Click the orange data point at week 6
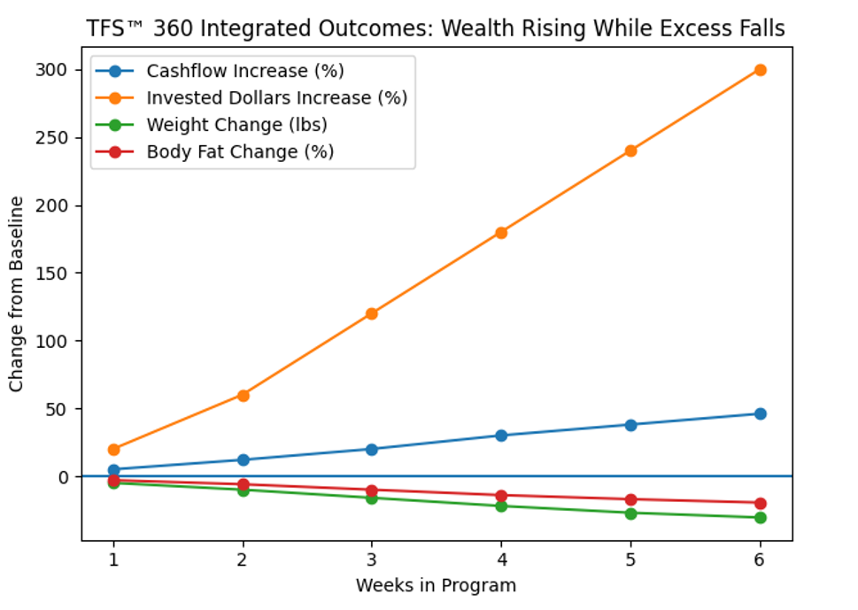pyautogui.click(x=760, y=70)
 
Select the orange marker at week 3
pyautogui.click(x=372, y=313)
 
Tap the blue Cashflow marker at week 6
pyautogui.click(x=760, y=413)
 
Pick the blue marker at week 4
pyautogui.click(x=501, y=436)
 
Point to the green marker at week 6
pyautogui.click(x=760, y=517)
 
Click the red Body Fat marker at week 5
pyautogui.click(x=630, y=499)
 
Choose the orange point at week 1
pyautogui.click(x=113, y=450)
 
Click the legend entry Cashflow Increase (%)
pyautogui.click(x=244, y=71)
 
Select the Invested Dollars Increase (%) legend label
pyautogui.click(x=276, y=97)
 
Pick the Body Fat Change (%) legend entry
pyautogui.click(x=240, y=151)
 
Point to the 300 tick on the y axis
pyautogui.click(x=57, y=70)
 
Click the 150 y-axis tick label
pyautogui.click(x=57, y=274)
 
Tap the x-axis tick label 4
pyautogui.click(x=501, y=560)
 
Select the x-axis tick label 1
pyautogui.click(x=113, y=560)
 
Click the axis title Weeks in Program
pyautogui.click(x=436, y=585)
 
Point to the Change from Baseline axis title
pyautogui.click(x=17, y=295)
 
